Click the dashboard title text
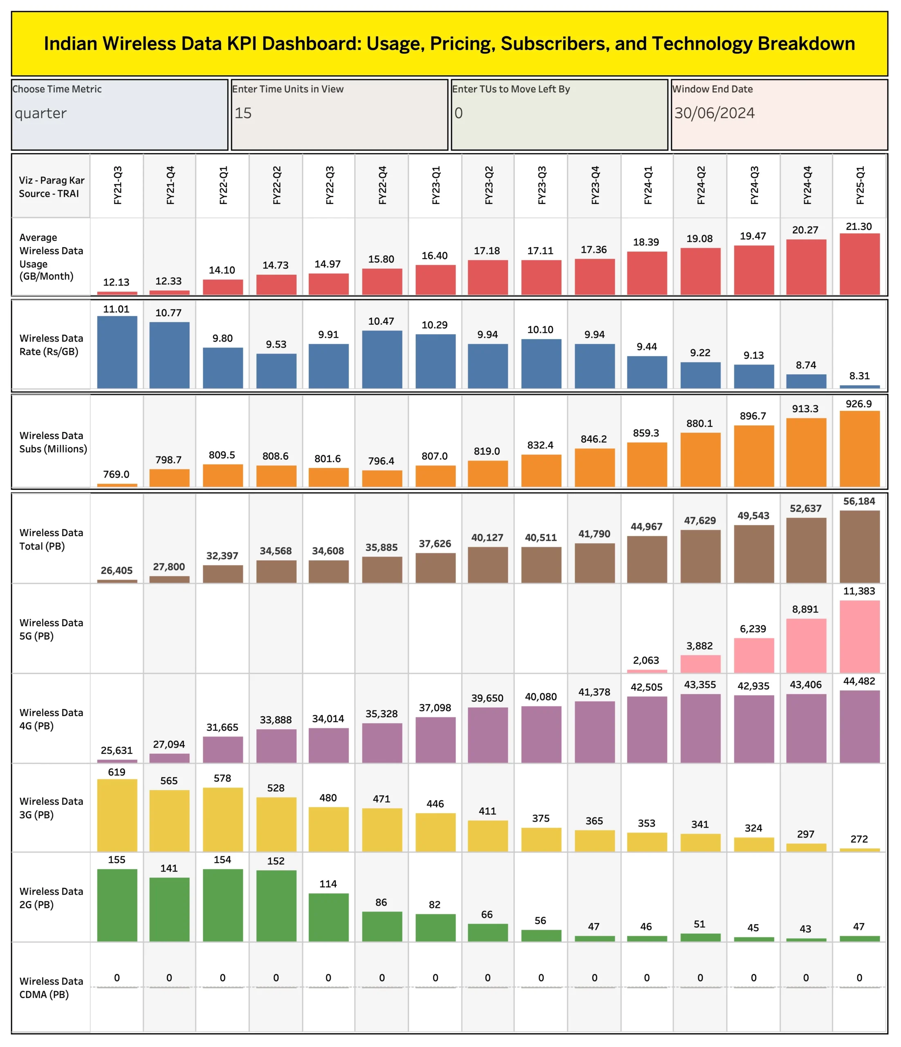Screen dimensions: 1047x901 pyautogui.click(x=449, y=44)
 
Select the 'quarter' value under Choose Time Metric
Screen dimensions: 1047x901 pyautogui.click(x=40, y=113)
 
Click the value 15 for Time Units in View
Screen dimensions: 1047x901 pyautogui.click(x=243, y=113)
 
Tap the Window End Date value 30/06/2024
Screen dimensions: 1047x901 pyautogui.click(x=714, y=113)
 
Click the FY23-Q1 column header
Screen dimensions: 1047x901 pyautogui.click(x=436, y=185)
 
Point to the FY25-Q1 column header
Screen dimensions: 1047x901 pyautogui.click(x=860, y=185)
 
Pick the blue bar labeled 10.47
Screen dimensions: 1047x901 pyautogui.click(x=382, y=359)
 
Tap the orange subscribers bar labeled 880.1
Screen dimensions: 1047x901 pyautogui.click(x=700, y=459)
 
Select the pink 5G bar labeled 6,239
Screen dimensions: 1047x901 pyautogui.click(x=753, y=655)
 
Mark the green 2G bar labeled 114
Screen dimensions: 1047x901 pyautogui.click(x=328, y=917)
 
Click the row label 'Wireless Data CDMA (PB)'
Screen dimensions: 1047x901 pyautogui.click(x=51, y=987)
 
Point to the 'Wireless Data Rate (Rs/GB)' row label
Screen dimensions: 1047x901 pyautogui.click(x=51, y=345)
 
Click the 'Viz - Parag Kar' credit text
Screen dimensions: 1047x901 pyautogui.click(x=52, y=180)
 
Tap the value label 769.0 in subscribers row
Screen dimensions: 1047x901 pyautogui.click(x=116, y=474)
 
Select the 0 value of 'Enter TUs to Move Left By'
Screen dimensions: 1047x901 pyautogui.click(x=458, y=113)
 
